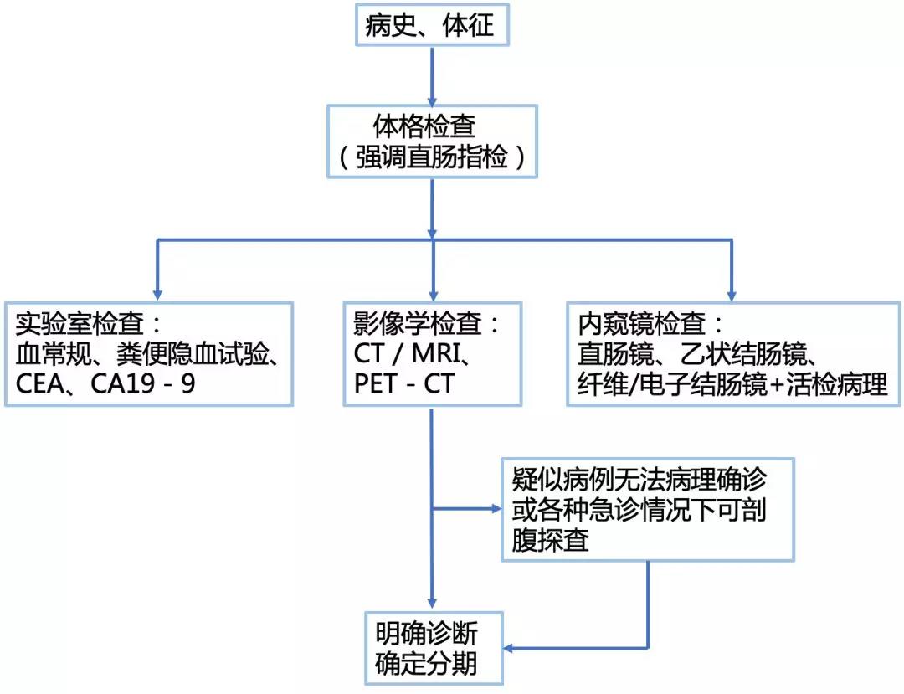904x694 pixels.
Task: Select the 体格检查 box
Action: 430,140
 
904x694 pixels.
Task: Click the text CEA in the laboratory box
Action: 41,384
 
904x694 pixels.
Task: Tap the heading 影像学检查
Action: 415,323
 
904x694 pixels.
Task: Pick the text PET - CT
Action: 406,384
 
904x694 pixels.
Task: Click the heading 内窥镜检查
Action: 640,323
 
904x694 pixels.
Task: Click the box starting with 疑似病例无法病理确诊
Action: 647,508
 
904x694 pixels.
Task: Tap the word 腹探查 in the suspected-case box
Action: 550,541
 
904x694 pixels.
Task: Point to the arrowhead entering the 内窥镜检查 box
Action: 731,292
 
